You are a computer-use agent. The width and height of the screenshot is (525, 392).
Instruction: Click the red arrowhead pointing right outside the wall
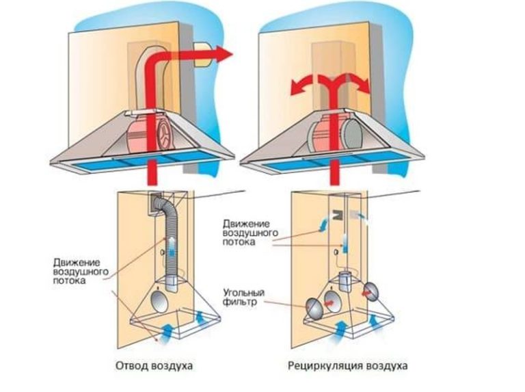(x=221, y=53)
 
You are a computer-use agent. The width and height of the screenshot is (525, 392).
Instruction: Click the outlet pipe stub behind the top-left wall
(x=202, y=53)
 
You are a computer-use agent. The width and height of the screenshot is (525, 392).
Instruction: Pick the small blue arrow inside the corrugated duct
(x=172, y=245)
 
